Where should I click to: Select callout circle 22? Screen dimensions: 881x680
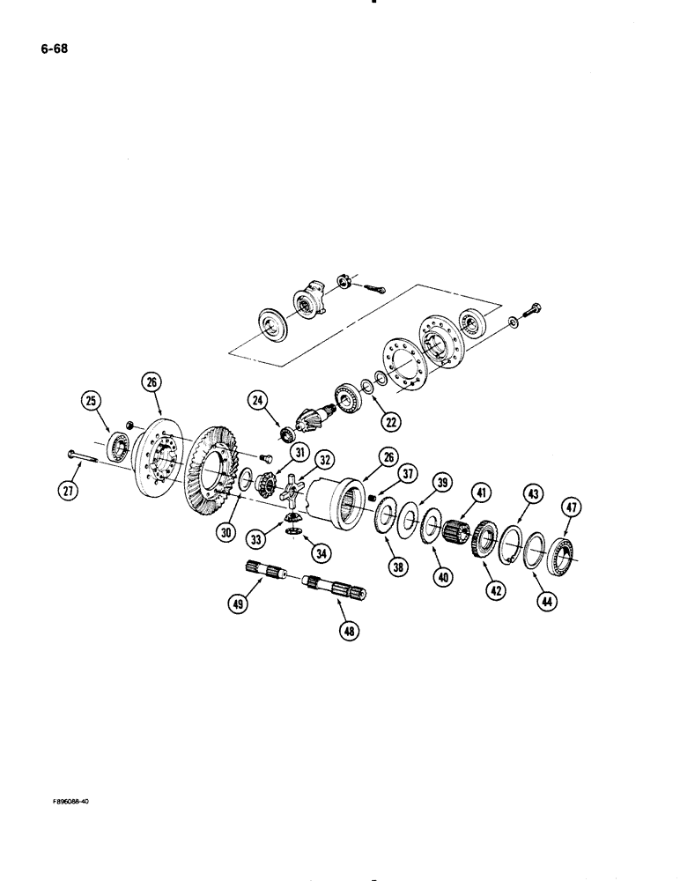390,421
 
